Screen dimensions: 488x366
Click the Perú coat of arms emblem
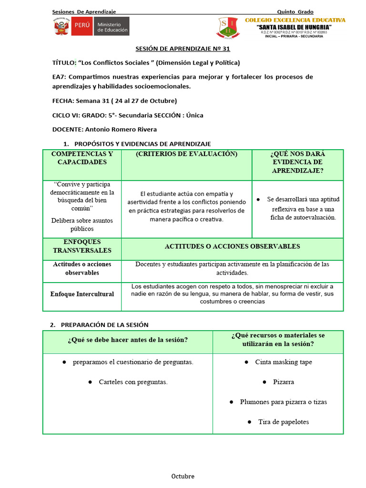pos(61,27)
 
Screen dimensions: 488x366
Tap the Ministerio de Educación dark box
pos(112,27)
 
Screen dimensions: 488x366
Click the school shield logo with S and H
pos(228,28)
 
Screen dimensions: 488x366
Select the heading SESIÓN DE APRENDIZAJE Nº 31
pos(183,49)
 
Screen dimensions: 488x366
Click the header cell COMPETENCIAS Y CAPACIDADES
pos(82,158)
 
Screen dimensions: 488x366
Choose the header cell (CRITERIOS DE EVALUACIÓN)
pos(186,154)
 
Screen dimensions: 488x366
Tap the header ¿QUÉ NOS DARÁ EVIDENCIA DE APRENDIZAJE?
pos(297,162)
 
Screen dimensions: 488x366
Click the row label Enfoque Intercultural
pos(82,294)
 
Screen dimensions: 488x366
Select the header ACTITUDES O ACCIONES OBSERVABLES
pos(232,246)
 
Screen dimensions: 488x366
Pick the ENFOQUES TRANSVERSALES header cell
pos(82,246)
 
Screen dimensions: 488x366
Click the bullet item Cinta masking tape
pos(284,362)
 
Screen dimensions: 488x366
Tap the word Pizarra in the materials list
pos(283,382)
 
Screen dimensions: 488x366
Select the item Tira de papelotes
pos(283,422)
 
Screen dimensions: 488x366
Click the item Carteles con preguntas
pos(133,382)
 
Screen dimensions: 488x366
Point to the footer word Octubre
pos(183,476)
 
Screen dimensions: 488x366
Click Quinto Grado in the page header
pos(295,11)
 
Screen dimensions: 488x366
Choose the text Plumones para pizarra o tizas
pos(283,402)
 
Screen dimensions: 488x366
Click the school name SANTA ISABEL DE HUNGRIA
pos(295,27)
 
